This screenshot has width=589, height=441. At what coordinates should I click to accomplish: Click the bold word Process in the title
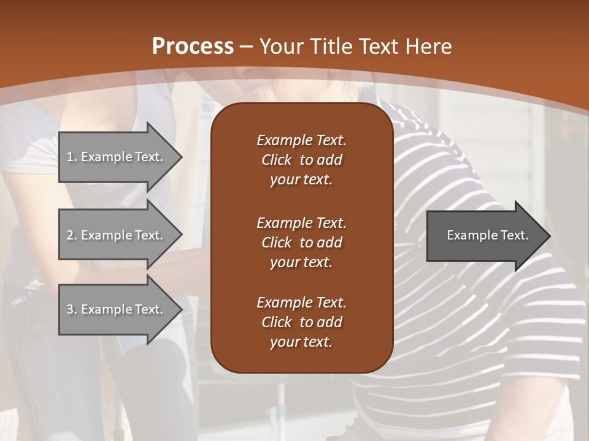click(193, 47)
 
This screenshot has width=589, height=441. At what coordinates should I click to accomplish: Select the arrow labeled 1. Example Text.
click(117, 157)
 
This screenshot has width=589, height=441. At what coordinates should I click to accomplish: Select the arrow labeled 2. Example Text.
click(117, 235)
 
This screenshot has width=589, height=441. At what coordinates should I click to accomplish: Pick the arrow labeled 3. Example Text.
click(117, 309)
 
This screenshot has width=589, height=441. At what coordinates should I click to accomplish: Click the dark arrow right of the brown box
click(485, 235)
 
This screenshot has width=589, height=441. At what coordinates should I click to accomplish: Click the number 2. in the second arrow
click(72, 235)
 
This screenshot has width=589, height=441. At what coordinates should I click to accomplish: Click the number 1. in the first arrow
click(72, 157)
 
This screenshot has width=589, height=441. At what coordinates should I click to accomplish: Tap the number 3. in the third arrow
click(72, 309)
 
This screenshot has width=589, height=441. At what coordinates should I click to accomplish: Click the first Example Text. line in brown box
click(301, 140)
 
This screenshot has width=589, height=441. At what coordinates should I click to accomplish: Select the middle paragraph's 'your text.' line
click(301, 262)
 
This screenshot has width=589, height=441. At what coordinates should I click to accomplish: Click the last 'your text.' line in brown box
click(301, 342)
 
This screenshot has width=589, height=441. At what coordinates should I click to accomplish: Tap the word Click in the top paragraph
click(276, 160)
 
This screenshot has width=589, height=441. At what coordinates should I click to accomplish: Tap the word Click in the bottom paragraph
click(276, 322)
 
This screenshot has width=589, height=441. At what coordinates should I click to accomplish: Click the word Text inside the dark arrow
click(514, 235)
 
